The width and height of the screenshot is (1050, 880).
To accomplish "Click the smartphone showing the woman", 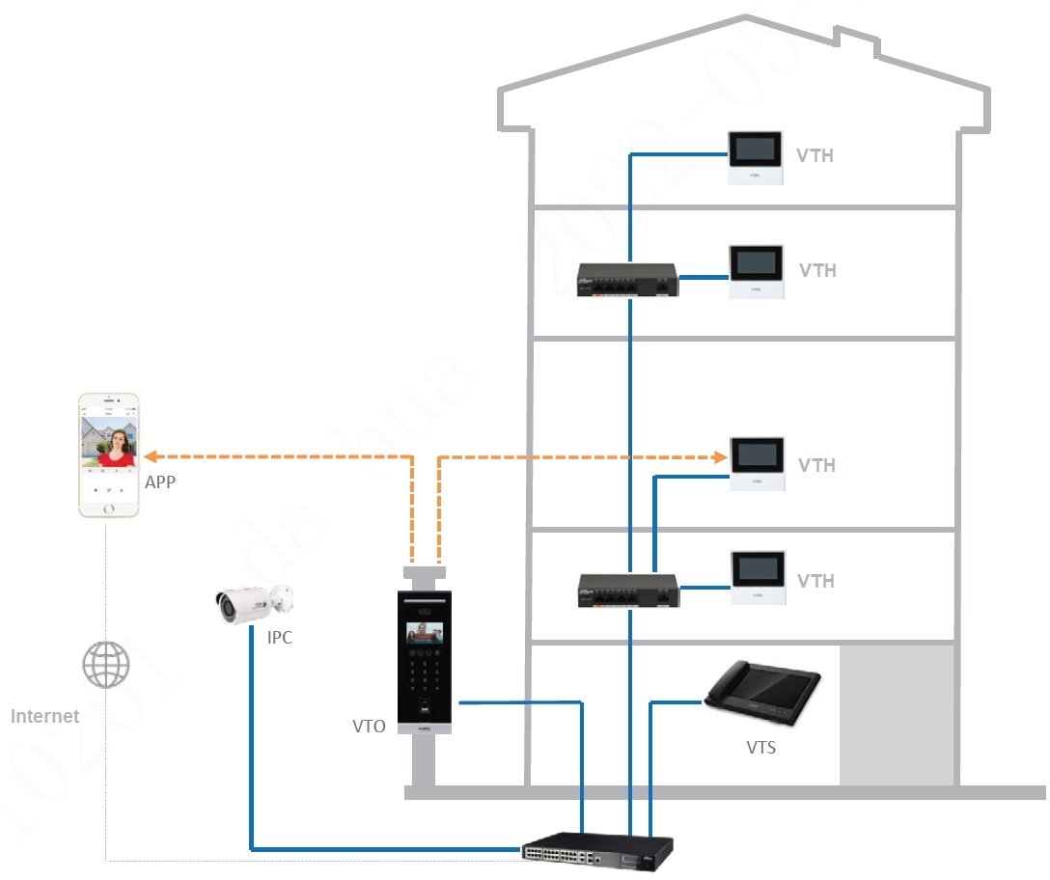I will (x=108, y=455).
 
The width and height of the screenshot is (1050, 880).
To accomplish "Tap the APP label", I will (x=160, y=481).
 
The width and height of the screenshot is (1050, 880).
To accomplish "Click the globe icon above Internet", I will (x=105, y=665).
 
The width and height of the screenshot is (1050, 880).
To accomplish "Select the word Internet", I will (x=45, y=716).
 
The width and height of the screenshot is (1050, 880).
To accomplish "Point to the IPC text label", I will (x=280, y=638).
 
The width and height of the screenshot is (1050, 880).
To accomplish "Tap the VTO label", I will (x=369, y=727).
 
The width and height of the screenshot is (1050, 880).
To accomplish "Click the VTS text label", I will (x=760, y=747).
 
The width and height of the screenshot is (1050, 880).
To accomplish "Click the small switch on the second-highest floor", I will (x=628, y=281).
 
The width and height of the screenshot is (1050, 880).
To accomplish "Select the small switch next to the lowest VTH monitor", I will (x=628, y=590).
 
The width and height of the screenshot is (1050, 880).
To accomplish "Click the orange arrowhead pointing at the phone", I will (x=151, y=455).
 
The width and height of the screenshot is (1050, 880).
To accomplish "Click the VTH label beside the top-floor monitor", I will (x=815, y=155).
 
